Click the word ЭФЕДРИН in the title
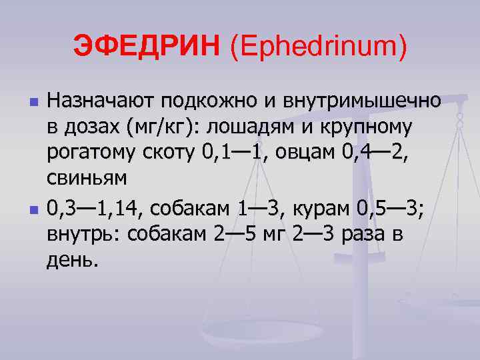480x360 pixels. [x=146, y=46]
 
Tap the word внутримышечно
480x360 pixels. [x=362, y=101]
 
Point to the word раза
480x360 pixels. [x=365, y=234]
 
